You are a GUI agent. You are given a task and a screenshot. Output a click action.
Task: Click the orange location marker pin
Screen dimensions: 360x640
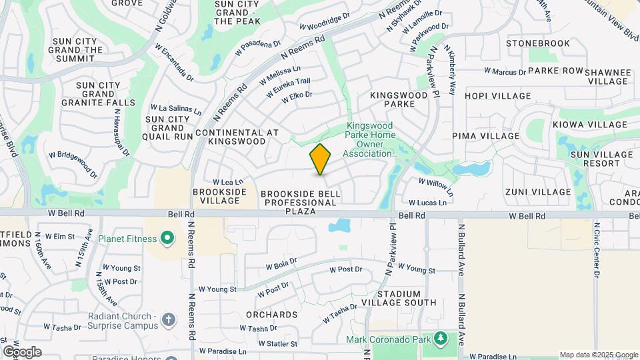321,159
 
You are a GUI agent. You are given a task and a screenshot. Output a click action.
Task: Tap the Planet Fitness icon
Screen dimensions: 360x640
167,238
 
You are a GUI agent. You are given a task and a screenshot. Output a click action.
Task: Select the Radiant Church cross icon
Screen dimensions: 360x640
168,320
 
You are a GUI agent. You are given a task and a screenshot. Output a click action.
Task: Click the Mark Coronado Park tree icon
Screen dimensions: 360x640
440,339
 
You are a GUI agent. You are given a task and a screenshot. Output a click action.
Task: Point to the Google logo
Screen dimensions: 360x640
21,352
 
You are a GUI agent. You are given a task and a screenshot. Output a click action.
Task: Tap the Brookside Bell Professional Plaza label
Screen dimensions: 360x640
301,202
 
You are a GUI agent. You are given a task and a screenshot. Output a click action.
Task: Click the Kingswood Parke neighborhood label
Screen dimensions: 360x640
399,100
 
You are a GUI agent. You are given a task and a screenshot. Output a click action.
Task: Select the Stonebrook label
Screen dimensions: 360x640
538,43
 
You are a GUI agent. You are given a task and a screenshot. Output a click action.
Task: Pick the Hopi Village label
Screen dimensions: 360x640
498,96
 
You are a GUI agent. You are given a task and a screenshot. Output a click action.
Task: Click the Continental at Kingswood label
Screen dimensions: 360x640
237,137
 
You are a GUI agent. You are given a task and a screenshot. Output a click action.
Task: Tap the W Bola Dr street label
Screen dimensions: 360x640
281,264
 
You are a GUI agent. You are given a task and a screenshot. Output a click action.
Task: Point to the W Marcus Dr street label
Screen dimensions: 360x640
505,71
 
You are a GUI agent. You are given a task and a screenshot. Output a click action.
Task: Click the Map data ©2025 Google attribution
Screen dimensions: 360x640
599,355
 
